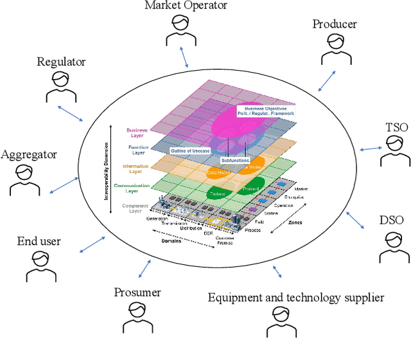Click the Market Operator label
pyautogui.click(x=186, y=6)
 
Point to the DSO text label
pyautogui.click(x=392, y=221)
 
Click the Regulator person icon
pyautogui.click(x=62, y=87)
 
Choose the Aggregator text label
pyautogui.click(x=29, y=154)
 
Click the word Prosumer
pyautogui.click(x=137, y=292)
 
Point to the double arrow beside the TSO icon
pyautogui.click(x=371, y=149)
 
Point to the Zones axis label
pyautogui.click(x=295, y=222)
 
